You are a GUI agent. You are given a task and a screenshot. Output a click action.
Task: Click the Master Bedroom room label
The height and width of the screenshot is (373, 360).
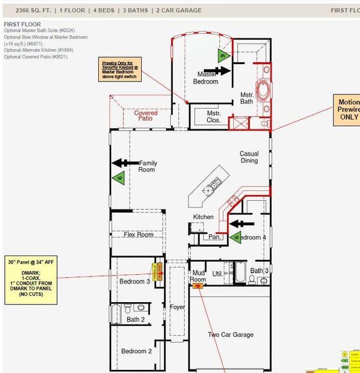click(x=205, y=78)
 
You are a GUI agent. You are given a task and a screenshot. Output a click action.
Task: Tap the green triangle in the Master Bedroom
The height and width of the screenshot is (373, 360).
click(x=222, y=55)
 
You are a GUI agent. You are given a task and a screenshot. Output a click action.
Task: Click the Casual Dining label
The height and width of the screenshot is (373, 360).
click(x=249, y=157)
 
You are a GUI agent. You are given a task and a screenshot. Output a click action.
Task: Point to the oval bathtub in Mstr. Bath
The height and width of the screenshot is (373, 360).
click(x=264, y=89)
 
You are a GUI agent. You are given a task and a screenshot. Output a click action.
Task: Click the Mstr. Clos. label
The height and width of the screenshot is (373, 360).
click(x=213, y=117)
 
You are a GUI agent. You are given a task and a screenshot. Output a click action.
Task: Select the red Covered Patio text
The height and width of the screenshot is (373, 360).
click(x=145, y=116)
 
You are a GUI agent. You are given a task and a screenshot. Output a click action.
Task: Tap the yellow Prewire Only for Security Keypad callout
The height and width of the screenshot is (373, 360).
click(x=121, y=70)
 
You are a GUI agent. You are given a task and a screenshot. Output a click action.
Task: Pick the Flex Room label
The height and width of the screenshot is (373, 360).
click(x=138, y=235)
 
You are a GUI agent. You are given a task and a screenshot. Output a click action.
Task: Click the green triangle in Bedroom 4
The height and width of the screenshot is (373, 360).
click(x=235, y=237)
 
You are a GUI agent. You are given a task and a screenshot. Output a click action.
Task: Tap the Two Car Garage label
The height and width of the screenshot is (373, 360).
click(x=230, y=334)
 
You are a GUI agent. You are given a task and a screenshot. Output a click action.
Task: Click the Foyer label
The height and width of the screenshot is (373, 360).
click(x=177, y=307)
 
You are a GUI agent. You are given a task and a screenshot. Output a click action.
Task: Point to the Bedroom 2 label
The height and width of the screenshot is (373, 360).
click(x=136, y=351)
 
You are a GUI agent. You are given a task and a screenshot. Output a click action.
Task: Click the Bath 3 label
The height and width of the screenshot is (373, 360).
click(x=259, y=270)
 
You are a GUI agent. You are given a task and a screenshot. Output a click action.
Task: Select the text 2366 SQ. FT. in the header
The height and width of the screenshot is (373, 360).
click(x=34, y=11)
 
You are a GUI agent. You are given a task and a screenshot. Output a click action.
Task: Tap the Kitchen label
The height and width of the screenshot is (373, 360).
click(x=203, y=217)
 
